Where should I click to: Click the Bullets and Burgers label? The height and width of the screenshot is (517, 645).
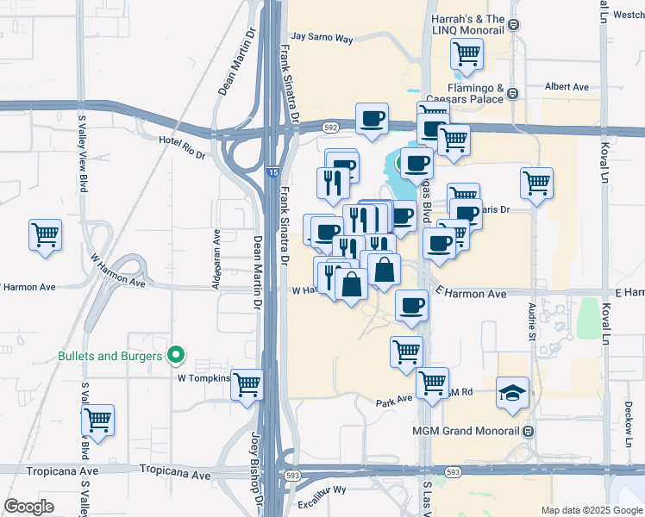tap(110, 355)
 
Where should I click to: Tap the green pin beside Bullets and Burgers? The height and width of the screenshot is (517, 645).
tap(176, 354)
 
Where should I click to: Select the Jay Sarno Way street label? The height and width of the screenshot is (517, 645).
tap(322, 38)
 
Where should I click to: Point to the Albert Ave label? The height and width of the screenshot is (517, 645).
tap(567, 87)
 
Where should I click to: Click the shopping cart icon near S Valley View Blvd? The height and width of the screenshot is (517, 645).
tap(97, 421)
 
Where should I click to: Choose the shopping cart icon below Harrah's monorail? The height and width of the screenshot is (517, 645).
tap(467, 54)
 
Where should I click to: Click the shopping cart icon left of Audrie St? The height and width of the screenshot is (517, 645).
tap(536, 183)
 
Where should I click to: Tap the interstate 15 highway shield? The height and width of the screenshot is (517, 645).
tap(272, 173)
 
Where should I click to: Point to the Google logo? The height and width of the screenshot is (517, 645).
tap(28, 507)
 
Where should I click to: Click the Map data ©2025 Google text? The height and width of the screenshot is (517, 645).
tap(591, 510)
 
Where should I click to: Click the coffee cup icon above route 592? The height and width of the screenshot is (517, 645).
tap(372, 118)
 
